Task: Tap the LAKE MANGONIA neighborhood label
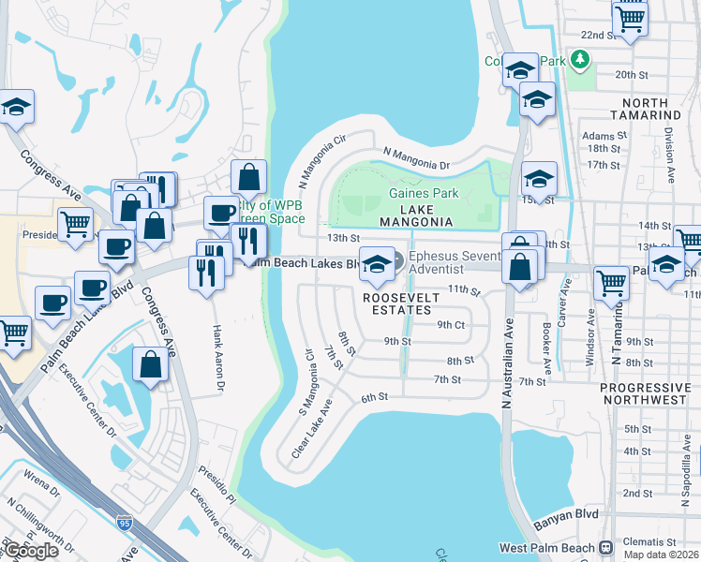[x=416, y=214]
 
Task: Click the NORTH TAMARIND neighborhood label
[x=645, y=109]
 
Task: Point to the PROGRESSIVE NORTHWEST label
[x=645, y=393]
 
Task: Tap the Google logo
[x=32, y=550]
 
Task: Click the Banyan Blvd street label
[x=565, y=526]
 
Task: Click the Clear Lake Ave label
[x=312, y=428]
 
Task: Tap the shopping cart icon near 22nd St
[x=630, y=17]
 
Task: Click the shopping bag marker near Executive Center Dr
[x=150, y=364]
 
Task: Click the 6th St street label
[x=375, y=397]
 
